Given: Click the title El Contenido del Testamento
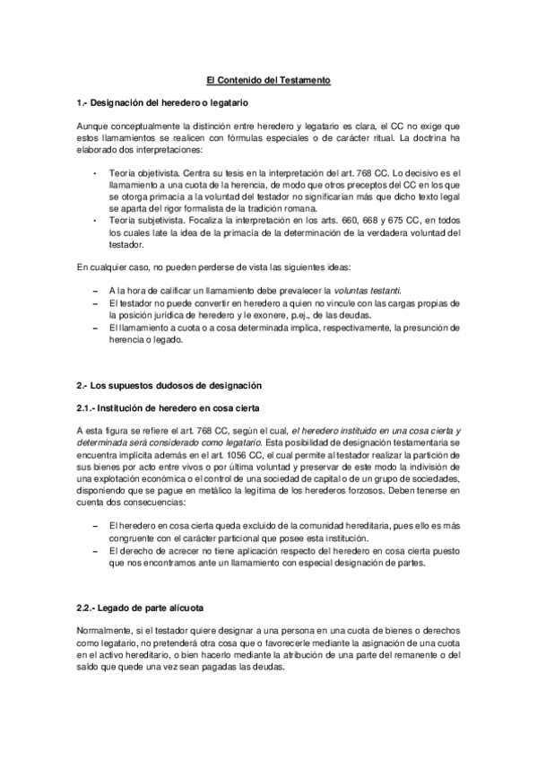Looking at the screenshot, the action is click(x=268, y=81).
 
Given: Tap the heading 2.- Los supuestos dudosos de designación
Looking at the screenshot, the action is click(x=169, y=385).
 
